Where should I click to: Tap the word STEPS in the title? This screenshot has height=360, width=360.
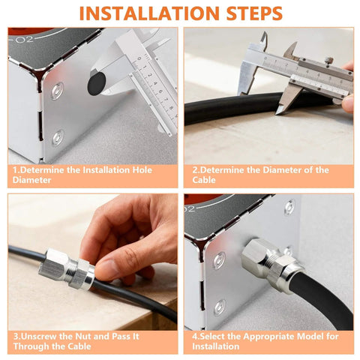(x=251, y=13)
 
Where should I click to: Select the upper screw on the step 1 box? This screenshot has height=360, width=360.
(x=58, y=91)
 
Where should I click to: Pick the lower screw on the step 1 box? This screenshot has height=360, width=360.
(x=58, y=137)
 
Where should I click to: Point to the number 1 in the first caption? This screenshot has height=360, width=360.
(x=15, y=170)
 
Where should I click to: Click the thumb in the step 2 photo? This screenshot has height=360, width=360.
(x=348, y=102)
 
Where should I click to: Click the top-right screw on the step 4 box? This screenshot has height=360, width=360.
(x=289, y=206)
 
